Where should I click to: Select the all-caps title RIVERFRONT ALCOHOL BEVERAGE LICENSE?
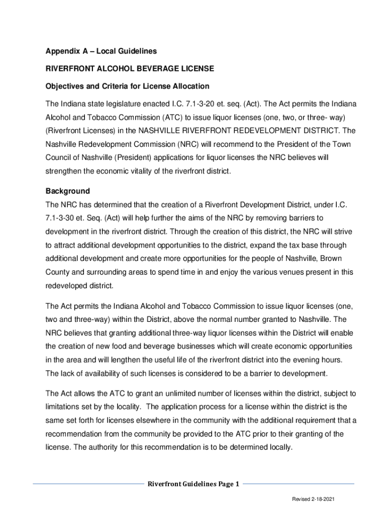tap(130, 68)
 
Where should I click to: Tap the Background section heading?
tap(68, 191)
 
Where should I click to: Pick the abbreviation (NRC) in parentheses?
tap(188, 144)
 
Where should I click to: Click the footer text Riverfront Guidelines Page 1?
tap(193, 484)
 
